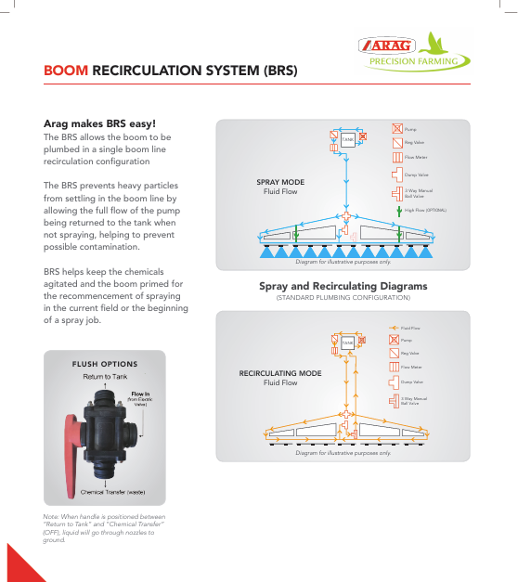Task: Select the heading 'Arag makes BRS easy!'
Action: [x=100, y=123]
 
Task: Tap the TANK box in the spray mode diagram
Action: [x=346, y=139]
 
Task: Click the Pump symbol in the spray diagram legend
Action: [x=396, y=128]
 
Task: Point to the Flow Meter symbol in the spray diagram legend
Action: [x=396, y=158]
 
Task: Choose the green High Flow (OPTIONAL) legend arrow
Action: [x=396, y=211]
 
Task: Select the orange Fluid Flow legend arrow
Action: [x=394, y=328]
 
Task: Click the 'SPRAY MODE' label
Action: [x=280, y=182]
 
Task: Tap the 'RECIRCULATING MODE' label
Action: [x=280, y=373]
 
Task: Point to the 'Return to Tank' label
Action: [x=105, y=377]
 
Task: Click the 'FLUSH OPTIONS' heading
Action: [x=105, y=364]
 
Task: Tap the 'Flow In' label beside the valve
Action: [x=140, y=394]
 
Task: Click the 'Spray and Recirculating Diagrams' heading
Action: [x=343, y=286]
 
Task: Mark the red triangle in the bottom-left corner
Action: [x=19, y=564]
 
